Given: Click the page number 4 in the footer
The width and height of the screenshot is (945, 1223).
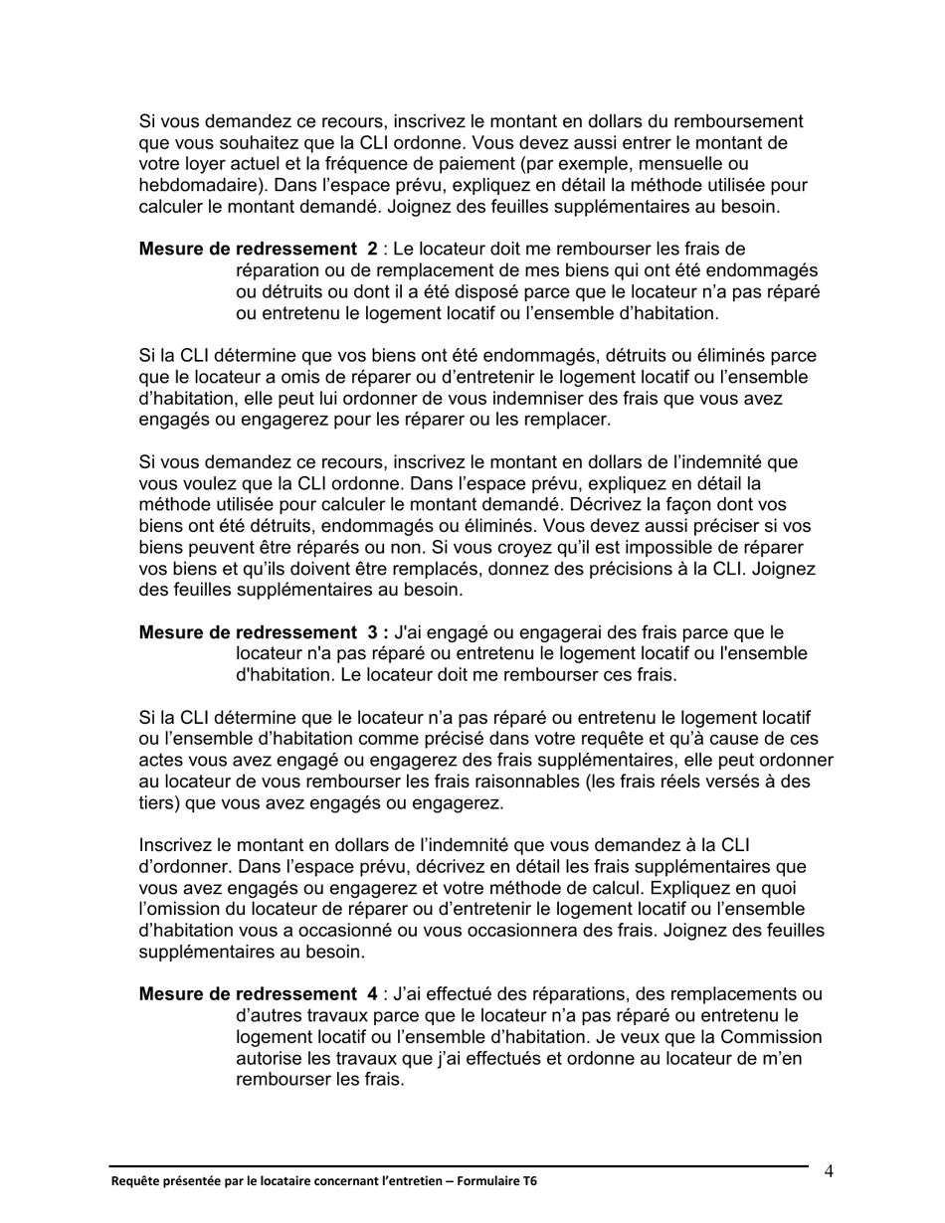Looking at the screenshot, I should tap(829, 1170).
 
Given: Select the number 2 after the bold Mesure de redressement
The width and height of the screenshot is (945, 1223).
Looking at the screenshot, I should tap(372, 249).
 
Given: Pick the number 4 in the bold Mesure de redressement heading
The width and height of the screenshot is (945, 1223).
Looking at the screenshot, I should tap(372, 994).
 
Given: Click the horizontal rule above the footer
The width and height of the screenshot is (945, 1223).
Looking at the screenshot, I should tap(458, 1165).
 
